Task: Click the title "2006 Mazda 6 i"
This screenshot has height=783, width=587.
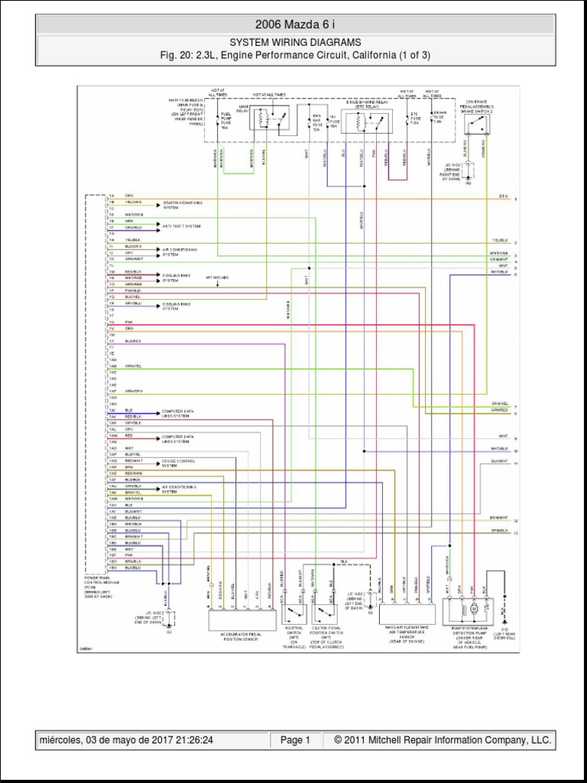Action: coord(294,24)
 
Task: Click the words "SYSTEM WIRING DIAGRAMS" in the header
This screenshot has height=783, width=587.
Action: coord(294,43)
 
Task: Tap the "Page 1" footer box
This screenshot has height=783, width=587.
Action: coord(295,740)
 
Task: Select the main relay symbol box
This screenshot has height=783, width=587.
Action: coord(269,118)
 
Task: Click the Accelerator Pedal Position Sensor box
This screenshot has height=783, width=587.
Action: coord(242,619)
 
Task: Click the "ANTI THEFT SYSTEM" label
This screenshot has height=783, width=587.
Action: coord(181,226)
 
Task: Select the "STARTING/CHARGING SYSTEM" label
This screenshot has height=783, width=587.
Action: coord(182,205)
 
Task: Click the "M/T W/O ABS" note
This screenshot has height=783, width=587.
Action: coord(218,277)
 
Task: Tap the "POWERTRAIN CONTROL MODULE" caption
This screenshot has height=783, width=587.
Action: coord(97,585)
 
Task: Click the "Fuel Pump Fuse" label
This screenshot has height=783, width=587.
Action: coord(225,121)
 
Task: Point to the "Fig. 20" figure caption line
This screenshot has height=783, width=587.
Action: coord(294,55)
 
